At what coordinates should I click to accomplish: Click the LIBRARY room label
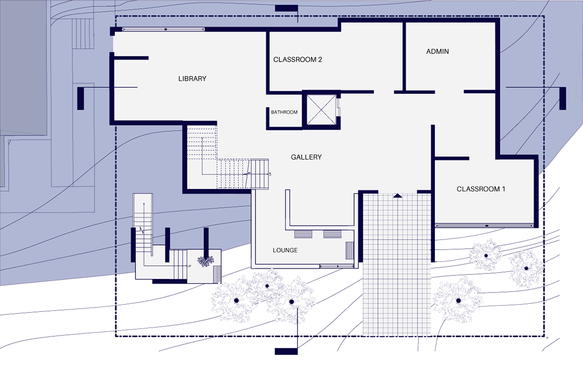[x=192, y=79]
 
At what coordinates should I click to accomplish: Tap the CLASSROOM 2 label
[x=298, y=60]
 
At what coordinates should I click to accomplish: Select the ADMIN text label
[x=437, y=51]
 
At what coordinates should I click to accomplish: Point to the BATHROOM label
[x=284, y=112]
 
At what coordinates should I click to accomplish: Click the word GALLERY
[x=306, y=157]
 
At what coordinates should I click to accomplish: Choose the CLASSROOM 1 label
[x=480, y=189]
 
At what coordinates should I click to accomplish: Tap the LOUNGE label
[x=285, y=250]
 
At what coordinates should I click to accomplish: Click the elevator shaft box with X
[x=320, y=110]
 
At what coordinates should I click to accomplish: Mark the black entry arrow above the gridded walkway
[x=397, y=195]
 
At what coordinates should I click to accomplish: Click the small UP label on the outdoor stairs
[x=189, y=266]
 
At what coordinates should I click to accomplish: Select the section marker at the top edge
[x=287, y=8]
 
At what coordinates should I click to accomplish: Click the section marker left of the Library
[x=81, y=98]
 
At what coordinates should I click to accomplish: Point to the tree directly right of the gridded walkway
[x=457, y=301]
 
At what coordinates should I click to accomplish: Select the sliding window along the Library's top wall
[x=165, y=30]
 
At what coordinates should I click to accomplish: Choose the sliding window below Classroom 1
[x=486, y=225]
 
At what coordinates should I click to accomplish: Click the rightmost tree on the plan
[x=526, y=268]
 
